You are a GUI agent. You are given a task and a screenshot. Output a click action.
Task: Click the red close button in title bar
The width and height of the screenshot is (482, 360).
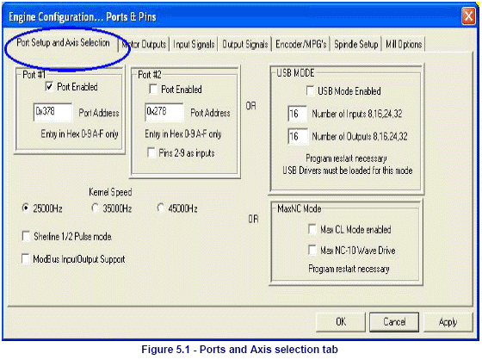(x=468, y=16)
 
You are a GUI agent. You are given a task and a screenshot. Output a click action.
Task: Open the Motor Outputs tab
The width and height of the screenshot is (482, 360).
(x=144, y=44)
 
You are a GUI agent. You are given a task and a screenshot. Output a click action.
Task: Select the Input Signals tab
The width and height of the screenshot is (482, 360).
(x=194, y=44)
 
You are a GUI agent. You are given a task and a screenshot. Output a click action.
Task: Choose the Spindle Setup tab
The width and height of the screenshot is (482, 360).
(x=356, y=44)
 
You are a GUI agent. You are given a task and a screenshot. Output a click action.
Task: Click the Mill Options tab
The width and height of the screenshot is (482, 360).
(x=404, y=44)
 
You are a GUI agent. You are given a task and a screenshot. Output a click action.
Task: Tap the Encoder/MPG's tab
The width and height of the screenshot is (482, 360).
(x=301, y=44)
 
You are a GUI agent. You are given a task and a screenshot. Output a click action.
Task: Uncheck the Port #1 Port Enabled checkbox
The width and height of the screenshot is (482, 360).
(x=49, y=86)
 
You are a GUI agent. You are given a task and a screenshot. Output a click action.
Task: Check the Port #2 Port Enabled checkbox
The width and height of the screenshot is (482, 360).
(x=153, y=90)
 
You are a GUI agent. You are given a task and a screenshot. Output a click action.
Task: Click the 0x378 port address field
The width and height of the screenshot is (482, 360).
(x=53, y=112)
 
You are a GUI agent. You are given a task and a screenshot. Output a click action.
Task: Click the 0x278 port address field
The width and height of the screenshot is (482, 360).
(x=164, y=112)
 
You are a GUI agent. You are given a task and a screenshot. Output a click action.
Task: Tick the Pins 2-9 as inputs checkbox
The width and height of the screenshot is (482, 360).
(x=151, y=152)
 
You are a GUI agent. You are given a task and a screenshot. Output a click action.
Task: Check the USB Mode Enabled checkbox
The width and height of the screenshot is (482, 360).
(x=310, y=91)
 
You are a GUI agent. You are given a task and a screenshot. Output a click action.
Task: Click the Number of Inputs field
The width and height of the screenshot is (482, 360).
(x=297, y=114)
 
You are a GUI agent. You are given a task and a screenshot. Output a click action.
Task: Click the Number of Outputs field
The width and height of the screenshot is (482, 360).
(x=297, y=136)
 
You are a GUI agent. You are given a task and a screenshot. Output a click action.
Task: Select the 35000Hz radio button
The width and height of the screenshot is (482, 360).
(x=95, y=208)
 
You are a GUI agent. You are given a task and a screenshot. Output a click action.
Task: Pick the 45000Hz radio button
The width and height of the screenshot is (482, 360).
(x=160, y=208)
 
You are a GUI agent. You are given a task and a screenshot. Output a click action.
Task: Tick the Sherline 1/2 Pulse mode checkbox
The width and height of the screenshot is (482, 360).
(x=26, y=236)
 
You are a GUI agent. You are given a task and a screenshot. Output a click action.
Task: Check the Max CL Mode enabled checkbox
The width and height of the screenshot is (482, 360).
(x=312, y=229)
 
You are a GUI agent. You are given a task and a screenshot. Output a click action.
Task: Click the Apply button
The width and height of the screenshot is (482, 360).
(x=448, y=322)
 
